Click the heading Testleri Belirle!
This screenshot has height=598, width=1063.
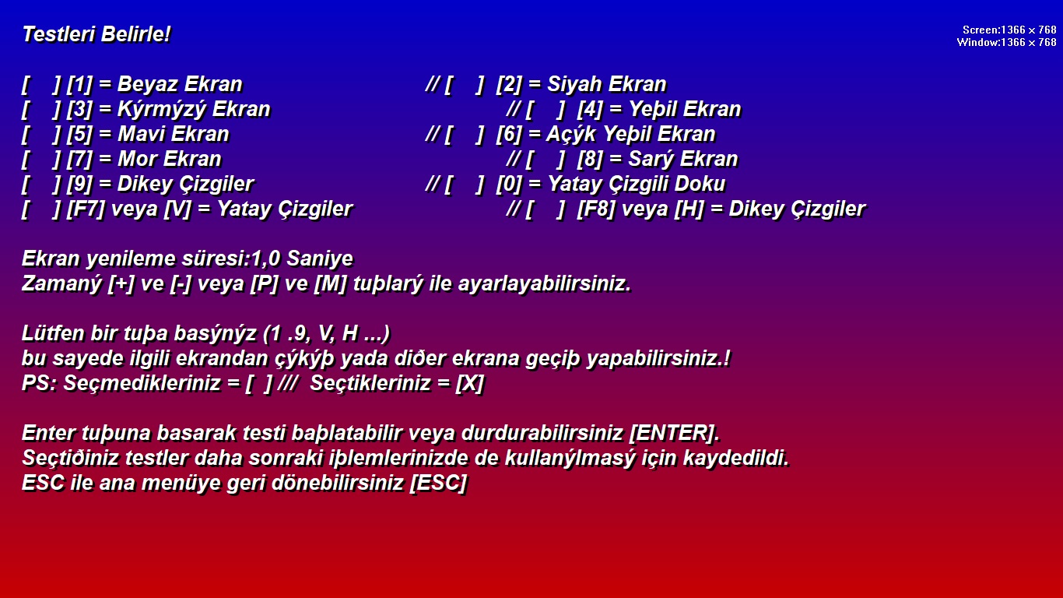point(96,35)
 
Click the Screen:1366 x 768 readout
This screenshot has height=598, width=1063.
point(1009,30)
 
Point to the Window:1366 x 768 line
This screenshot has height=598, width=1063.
point(1006,42)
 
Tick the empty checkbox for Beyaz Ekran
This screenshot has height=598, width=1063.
point(41,85)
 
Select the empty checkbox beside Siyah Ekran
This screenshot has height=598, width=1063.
point(465,85)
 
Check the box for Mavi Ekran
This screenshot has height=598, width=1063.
point(41,135)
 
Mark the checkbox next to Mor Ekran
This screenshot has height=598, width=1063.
point(41,160)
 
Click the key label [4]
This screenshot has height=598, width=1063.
point(590,110)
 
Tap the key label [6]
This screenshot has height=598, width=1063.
point(509,135)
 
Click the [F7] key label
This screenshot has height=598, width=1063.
point(86,209)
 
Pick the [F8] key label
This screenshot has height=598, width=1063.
point(596,209)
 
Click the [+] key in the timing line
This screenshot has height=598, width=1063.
point(121,284)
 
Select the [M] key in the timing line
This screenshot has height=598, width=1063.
point(330,284)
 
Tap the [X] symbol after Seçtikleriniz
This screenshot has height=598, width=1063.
point(469,384)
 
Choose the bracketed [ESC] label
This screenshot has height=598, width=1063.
point(438,484)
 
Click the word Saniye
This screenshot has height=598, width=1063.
point(320,259)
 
